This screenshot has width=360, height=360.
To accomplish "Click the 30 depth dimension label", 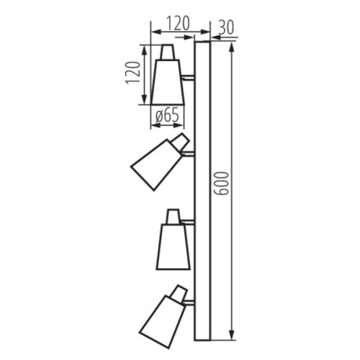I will coord(227,27).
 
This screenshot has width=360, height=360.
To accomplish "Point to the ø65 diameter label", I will coord(167,114).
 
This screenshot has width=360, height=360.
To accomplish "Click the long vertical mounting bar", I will coord(202,190).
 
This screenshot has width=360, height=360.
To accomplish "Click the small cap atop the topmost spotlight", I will coord(167,53).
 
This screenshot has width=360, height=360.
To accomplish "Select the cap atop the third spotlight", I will coord(174,216).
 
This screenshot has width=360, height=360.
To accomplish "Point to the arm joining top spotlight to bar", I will coord(188,76).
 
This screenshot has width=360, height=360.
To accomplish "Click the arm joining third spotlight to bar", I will coord(188,224).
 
